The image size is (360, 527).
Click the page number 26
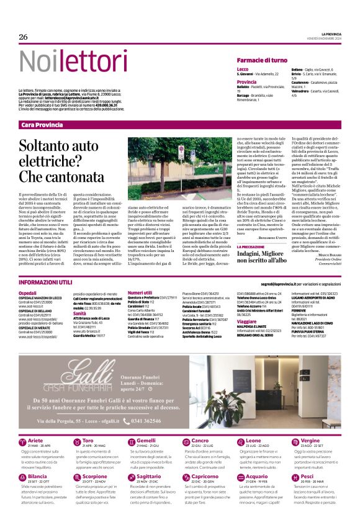tap(24, 37)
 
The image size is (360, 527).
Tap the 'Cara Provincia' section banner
tap(42, 125)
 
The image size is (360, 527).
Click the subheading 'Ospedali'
tap(28, 292)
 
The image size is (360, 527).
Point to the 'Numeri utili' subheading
tap(139, 292)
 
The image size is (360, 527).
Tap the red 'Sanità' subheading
tap(81, 313)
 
